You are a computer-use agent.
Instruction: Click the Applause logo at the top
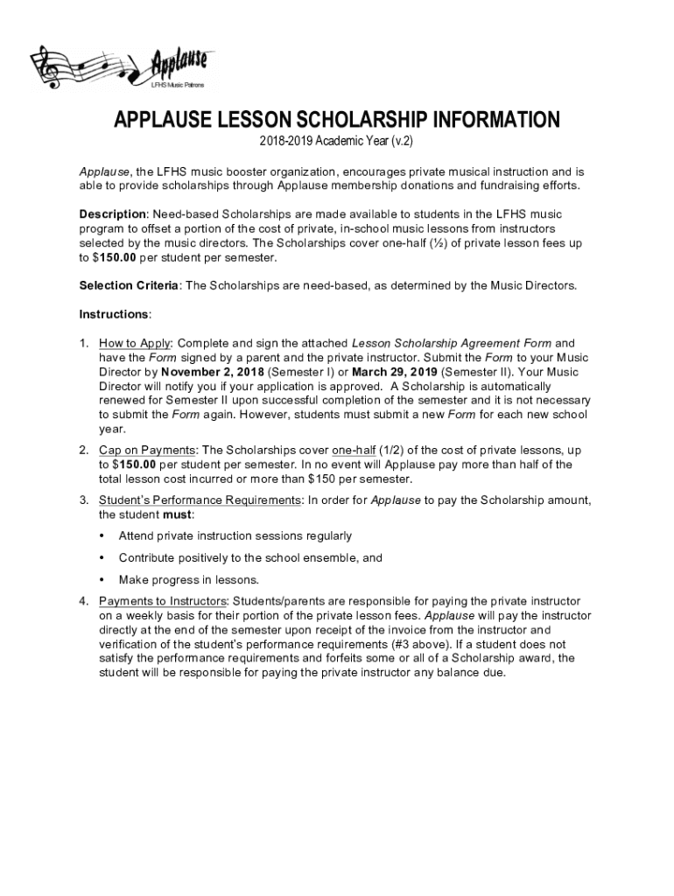coord(123,66)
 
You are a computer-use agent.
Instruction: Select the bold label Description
coord(112,214)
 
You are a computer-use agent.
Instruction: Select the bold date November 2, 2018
coord(213,372)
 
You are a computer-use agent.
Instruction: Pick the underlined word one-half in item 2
coord(354,450)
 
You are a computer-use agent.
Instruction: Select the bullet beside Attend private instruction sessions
coord(102,535)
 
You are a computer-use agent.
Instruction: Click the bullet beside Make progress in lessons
coord(102,579)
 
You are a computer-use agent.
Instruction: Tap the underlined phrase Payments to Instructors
coord(163,601)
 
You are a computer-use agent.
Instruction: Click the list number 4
coord(83,601)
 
